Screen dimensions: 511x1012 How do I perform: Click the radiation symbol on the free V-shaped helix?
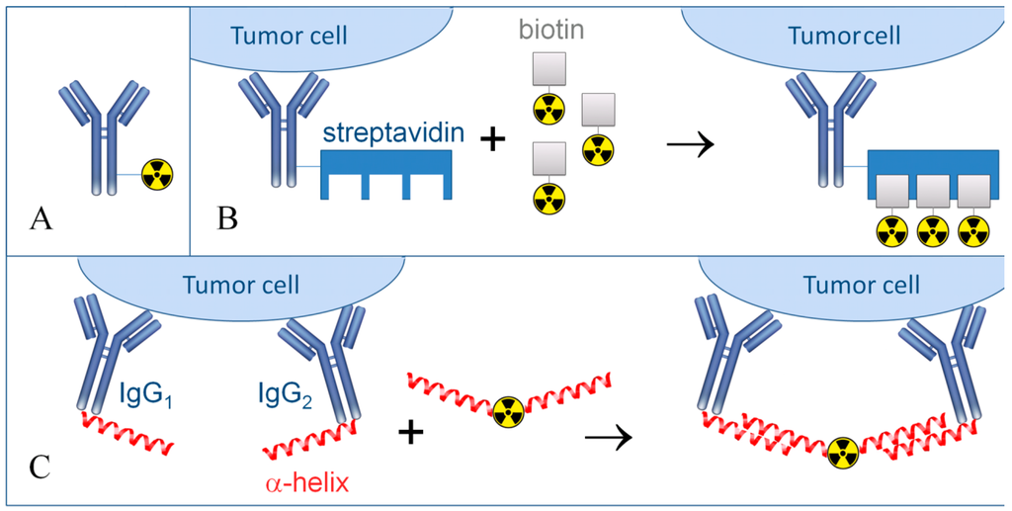[509, 409]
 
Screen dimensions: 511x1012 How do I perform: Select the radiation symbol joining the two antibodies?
[842, 452]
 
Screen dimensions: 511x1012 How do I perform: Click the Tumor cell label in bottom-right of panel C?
[861, 285]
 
